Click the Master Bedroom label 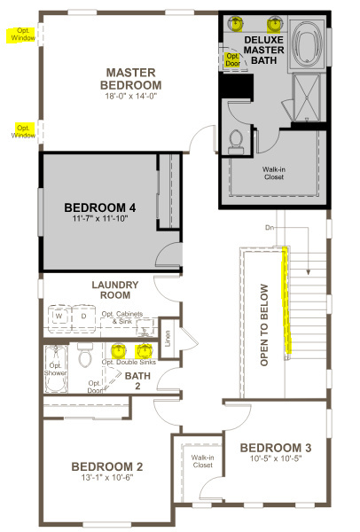pyautogui.click(x=131, y=79)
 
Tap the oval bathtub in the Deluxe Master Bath pyautogui.click(x=307, y=42)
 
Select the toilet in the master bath pyautogui.click(x=236, y=142)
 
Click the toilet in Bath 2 pyautogui.click(x=84, y=355)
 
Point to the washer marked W pyautogui.click(x=59, y=317)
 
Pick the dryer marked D pyautogui.click(x=84, y=317)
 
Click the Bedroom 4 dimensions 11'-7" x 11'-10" pyautogui.click(x=100, y=218)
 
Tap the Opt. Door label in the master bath pyautogui.click(x=233, y=59)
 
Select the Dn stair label pyautogui.click(x=270, y=228)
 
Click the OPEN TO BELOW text pyautogui.click(x=264, y=325)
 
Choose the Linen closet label pyautogui.click(x=168, y=339)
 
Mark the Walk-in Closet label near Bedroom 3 pyautogui.click(x=202, y=461)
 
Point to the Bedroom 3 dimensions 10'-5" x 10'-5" pyautogui.click(x=276, y=458)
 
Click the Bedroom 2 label pyautogui.click(x=107, y=467)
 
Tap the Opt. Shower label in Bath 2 pyautogui.click(x=55, y=369)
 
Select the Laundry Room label pyautogui.click(x=115, y=290)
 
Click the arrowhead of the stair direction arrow pyautogui.click(x=308, y=272)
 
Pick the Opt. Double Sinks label pyautogui.click(x=129, y=363)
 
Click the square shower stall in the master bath pyautogui.click(x=307, y=98)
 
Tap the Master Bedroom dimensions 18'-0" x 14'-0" pyautogui.click(x=131, y=97)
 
